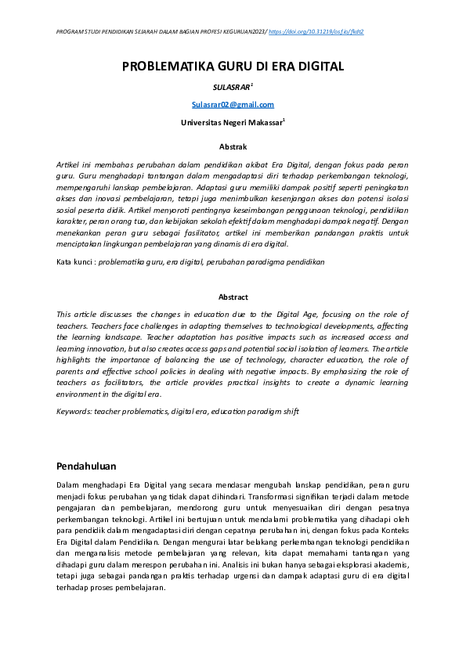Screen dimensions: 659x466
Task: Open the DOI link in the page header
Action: tap(316, 32)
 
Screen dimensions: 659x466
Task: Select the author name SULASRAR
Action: tap(231, 88)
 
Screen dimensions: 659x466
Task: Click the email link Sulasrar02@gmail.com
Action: tap(233, 105)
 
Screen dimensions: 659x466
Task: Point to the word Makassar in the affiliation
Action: tap(262, 123)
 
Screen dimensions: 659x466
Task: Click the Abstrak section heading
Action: tap(233, 147)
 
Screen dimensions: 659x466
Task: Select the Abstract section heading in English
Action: tap(233, 297)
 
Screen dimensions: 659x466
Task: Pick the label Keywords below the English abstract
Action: tap(74, 412)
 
